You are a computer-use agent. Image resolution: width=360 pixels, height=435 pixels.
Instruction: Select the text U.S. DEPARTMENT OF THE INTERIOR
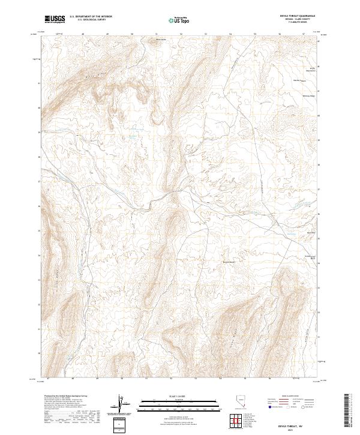[91, 17]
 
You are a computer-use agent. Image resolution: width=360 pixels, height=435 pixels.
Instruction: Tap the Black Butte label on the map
[160, 40]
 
